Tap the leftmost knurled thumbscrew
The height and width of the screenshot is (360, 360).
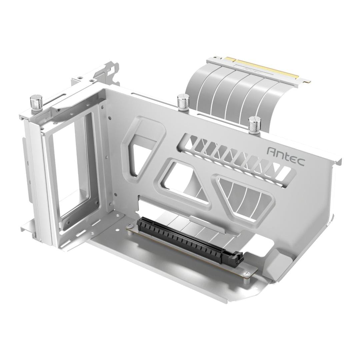coord(36,102)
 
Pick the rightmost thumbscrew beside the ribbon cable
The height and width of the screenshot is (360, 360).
coord(254,125)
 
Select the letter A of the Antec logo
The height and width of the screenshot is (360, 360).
coord(271,151)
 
